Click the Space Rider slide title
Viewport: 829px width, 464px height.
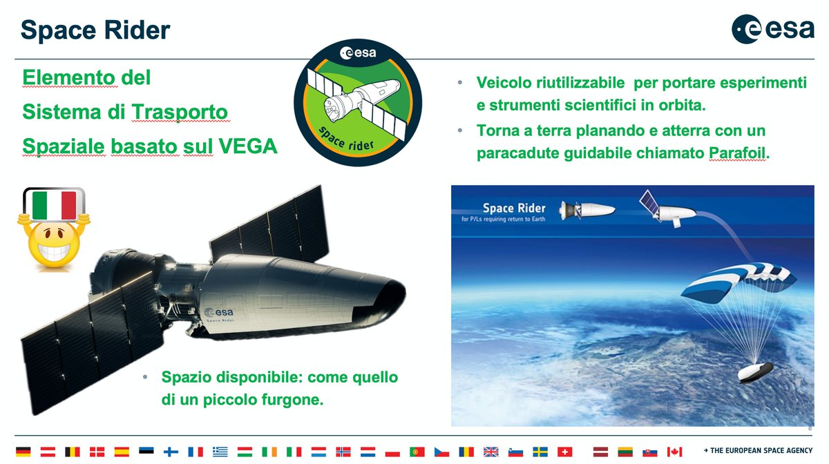[x=95, y=30]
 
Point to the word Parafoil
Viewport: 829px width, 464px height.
[x=737, y=153]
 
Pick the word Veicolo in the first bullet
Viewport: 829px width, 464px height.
[x=502, y=84]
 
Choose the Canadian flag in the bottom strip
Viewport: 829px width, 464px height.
[x=674, y=452]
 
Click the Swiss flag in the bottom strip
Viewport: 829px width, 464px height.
[x=565, y=452]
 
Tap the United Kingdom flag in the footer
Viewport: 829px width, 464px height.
[x=491, y=452]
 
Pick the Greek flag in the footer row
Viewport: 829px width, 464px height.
[x=220, y=452]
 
